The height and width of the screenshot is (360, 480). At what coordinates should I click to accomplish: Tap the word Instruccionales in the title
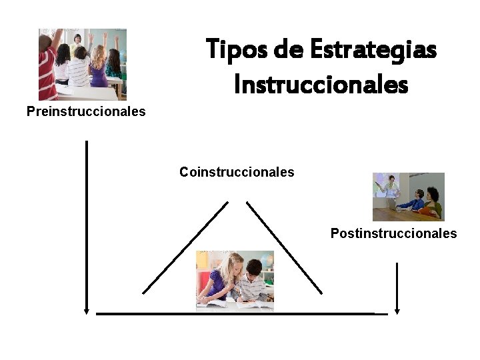[x=321, y=85]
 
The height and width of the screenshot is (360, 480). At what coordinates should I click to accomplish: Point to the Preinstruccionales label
[x=86, y=111]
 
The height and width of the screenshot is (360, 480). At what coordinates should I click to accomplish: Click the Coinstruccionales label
[x=237, y=172]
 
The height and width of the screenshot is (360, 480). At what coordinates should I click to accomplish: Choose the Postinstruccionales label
[x=394, y=233]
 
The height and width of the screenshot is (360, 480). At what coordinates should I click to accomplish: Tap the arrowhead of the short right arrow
[x=397, y=309]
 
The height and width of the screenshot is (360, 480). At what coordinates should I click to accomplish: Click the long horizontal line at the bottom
[x=240, y=313]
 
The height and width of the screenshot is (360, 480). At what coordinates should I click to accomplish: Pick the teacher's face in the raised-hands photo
[x=78, y=38]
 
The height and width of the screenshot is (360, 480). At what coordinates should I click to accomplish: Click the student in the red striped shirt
[x=47, y=67]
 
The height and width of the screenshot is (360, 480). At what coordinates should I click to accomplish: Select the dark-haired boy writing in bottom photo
[x=252, y=280]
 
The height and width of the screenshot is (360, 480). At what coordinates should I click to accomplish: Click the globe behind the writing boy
[x=267, y=261]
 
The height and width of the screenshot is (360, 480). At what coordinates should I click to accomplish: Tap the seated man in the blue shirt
[x=415, y=200]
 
